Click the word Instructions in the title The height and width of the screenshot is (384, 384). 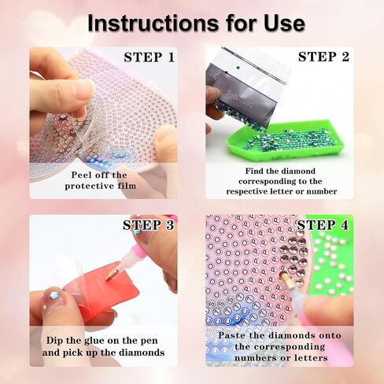(153, 24)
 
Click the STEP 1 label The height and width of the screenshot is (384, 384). (149, 57)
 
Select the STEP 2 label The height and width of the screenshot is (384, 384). (323, 57)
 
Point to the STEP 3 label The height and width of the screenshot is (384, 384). (149, 225)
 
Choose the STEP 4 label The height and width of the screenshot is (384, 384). (323, 225)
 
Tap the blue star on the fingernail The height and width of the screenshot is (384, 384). (54, 294)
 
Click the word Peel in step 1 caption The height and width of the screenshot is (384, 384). (80, 175)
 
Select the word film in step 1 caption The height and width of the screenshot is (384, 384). (127, 186)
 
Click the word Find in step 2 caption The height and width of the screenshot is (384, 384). (254, 171)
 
